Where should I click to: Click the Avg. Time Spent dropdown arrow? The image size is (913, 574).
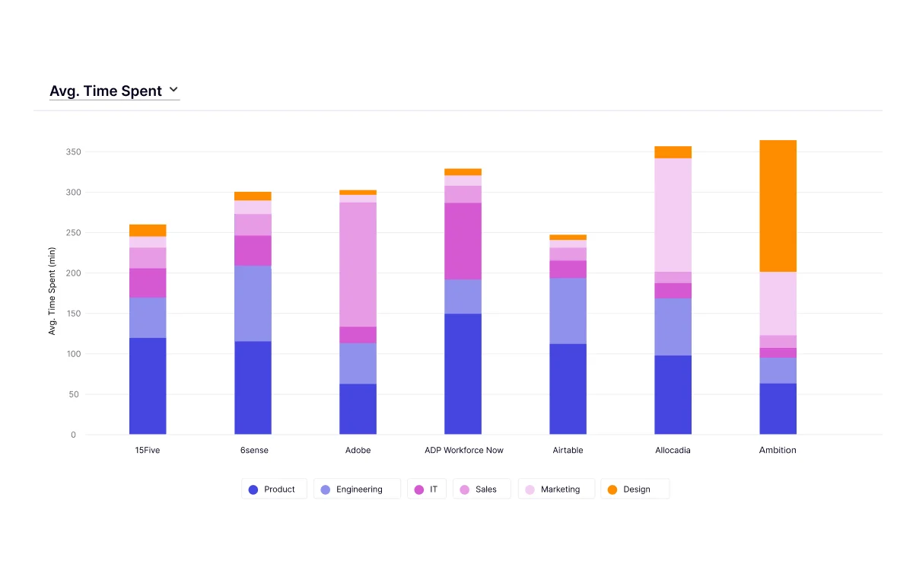pos(173,90)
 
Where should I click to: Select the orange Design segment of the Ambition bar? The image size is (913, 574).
pos(778,206)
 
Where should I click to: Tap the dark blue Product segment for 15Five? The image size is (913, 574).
pos(148,386)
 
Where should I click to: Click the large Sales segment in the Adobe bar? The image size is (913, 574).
pos(358,264)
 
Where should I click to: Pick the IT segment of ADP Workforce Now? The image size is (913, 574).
pos(463,241)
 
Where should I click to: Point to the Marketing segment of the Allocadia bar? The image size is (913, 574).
pos(673,215)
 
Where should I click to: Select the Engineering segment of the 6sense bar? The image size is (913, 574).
pos(253,303)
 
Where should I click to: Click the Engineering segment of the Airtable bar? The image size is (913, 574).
pos(568,311)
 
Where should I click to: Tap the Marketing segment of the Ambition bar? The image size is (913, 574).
pos(778,303)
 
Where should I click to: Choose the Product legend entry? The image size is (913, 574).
pos(274,489)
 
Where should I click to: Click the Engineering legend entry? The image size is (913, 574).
pos(357,489)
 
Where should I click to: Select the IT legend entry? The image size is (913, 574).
pos(427,489)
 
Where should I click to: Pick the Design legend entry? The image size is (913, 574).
pos(635,489)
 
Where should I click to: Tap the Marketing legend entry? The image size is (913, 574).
pos(554,489)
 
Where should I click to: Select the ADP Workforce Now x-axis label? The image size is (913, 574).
pos(464,450)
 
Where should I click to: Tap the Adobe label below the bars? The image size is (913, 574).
pos(358,450)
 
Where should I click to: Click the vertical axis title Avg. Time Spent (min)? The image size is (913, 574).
pos(52,291)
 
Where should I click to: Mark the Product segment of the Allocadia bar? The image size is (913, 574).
pos(673,394)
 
